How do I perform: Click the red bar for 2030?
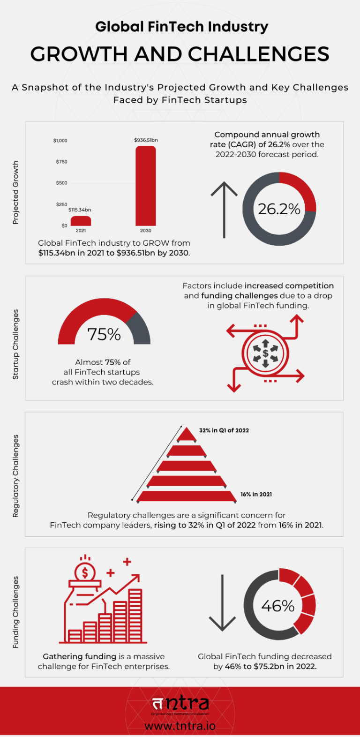click(x=146, y=186)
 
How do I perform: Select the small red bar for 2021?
click(x=81, y=221)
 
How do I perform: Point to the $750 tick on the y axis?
click(x=62, y=162)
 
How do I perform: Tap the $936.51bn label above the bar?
click(x=146, y=140)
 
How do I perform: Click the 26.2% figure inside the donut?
click(x=279, y=209)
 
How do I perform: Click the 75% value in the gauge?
click(x=104, y=334)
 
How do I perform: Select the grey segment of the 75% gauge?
click(x=140, y=327)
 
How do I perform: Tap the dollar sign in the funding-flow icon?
click(x=266, y=353)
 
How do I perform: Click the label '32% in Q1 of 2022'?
click(x=224, y=430)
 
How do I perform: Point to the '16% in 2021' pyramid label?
click(x=256, y=494)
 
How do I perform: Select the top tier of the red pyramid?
click(x=187, y=435)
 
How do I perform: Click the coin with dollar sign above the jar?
click(x=85, y=572)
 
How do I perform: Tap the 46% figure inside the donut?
click(x=278, y=606)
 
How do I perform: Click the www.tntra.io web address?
click(x=180, y=726)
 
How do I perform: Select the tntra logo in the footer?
click(x=180, y=705)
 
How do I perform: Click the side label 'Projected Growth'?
click(x=15, y=192)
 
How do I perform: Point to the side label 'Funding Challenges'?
click(x=15, y=612)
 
